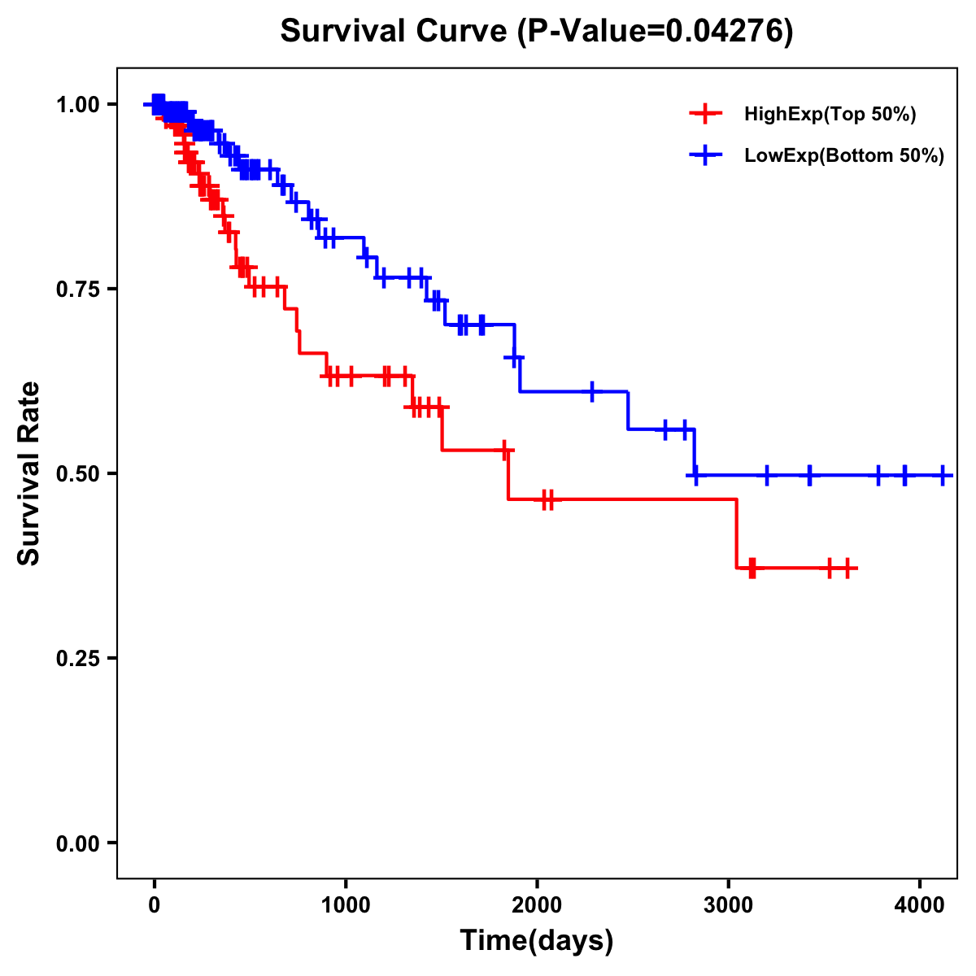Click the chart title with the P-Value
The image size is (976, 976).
pos(536,32)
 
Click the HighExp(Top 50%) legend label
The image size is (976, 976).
pos(830,115)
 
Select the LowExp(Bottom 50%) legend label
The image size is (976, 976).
pos(844,155)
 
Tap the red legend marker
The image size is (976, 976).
pos(705,114)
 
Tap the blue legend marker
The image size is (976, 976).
pos(705,155)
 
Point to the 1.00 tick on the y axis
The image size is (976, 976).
pos(77,105)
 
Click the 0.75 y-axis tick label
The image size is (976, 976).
pos(77,290)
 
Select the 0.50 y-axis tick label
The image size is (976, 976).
pos(77,474)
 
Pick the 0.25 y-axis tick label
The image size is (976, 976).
pos(77,659)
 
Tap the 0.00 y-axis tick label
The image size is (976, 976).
pos(77,843)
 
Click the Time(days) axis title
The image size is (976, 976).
pos(537,941)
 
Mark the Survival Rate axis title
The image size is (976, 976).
pos(30,473)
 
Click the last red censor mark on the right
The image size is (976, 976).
pos(847,568)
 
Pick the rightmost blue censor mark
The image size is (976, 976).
pos(943,475)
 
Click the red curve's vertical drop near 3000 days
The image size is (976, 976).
pos(736,534)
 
